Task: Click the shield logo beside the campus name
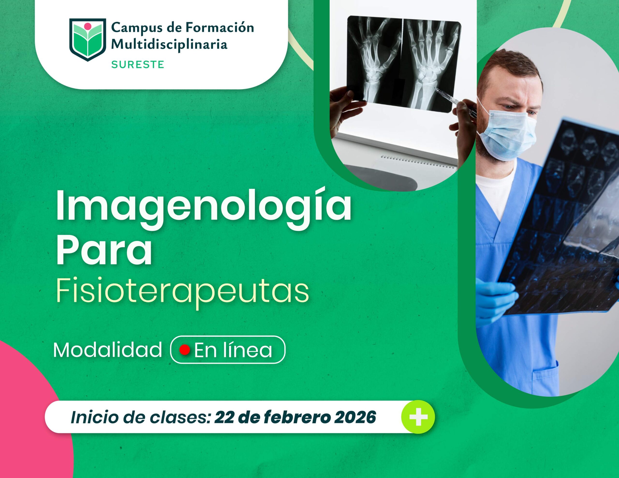click(x=88, y=39)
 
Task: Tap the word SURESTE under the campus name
click(x=138, y=65)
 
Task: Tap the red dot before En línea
click(x=184, y=350)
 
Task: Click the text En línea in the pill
click(x=233, y=350)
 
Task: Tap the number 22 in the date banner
click(x=224, y=417)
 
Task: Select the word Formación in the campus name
click(x=219, y=28)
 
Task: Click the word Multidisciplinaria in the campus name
click(x=169, y=44)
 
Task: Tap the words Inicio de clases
click(x=140, y=417)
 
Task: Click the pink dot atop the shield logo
click(x=88, y=26)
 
